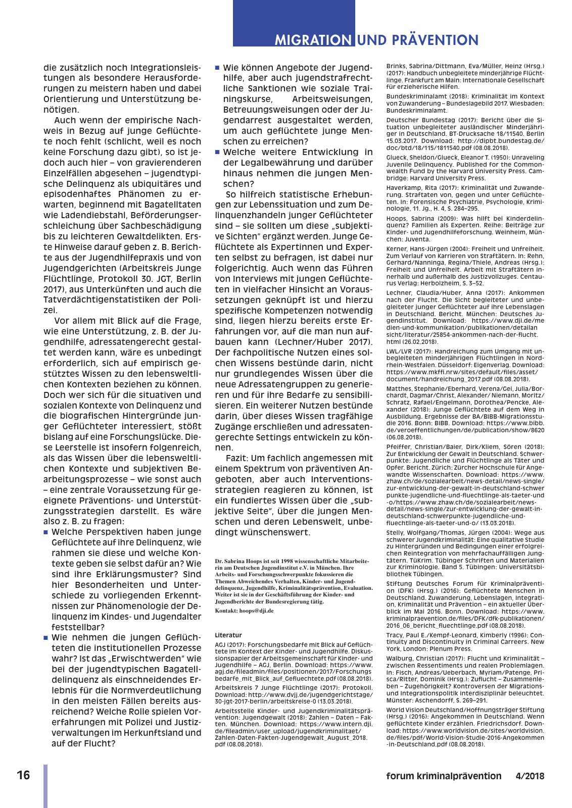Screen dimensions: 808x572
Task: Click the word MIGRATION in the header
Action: pyautogui.click(x=313, y=40)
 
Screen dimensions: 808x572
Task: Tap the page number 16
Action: pyautogui.click(x=23, y=775)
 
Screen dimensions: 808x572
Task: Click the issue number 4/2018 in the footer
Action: pyautogui.click(x=530, y=776)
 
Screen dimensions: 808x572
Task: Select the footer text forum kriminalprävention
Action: pyautogui.click(x=444, y=776)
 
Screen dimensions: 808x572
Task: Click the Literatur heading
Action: pyautogui.click(x=228, y=635)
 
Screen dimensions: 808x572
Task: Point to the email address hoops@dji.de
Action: pyautogui.click(x=256, y=611)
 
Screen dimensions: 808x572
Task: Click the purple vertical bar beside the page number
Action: pyautogui.click(x=45, y=785)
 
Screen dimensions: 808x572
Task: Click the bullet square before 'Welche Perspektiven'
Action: pyautogui.click(x=46, y=532)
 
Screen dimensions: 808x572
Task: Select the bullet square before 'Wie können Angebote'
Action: pyautogui.click(x=217, y=67)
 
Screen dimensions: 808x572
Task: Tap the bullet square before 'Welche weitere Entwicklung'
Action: pyautogui.click(x=217, y=151)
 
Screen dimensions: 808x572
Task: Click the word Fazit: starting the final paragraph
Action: pyautogui.click(x=236, y=458)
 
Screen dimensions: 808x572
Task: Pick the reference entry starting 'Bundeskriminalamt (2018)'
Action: pyautogui.click(x=465, y=103)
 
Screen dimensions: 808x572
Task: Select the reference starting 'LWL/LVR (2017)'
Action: pyautogui.click(x=465, y=365)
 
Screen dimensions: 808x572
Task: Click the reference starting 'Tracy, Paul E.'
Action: pyautogui.click(x=465, y=641)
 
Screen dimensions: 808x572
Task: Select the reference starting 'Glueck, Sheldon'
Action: pyautogui.click(x=465, y=168)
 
